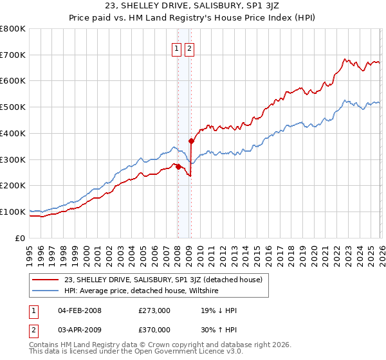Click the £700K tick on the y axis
pyautogui.click(x=13, y=55)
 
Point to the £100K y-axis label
pyautogui.click(x=13, y=212)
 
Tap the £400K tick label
pyautogui.click(x=13, y=133)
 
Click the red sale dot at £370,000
pyautogui.click(x=191, y=141)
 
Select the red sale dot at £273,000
pyautogui.click(x=178, y=166)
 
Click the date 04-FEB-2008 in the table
pyautogui.click(x=80, y=310)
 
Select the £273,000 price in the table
pyautogui.click(x=154, y=310)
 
